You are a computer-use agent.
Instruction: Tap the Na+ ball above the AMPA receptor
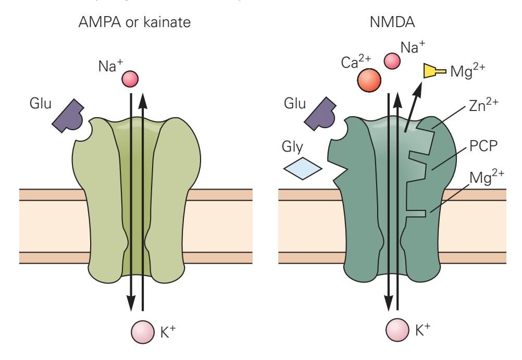point(129,79)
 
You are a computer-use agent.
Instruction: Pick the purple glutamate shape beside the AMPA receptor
point(72,120)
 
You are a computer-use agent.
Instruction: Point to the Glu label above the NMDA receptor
point(294,103)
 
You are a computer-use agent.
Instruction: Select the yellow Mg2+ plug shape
point(433,71)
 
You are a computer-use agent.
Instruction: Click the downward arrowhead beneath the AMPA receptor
point(131,300)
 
